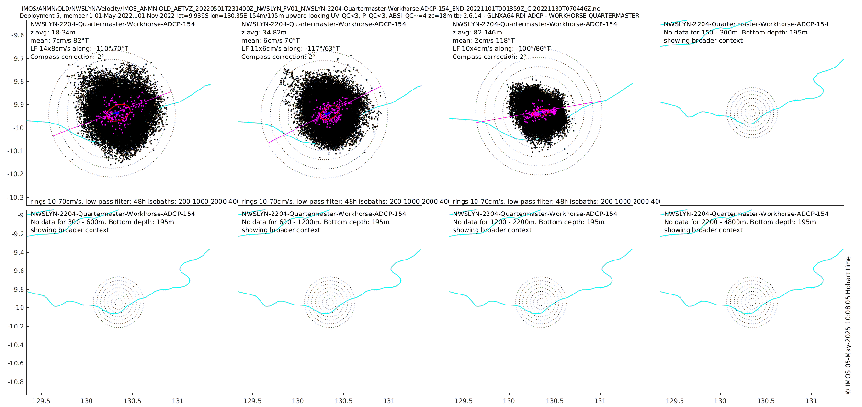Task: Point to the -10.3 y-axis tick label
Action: [x=15, y=197]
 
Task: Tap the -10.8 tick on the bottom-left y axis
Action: [x=15, y=382]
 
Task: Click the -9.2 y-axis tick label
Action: [x=17, y=234]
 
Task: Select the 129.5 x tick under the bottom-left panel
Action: [x=41, y=401]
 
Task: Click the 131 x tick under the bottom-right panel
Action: [x=811, y=401]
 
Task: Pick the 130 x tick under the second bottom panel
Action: [x=297, y=401]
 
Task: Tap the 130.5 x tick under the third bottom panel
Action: [x=555, y=401]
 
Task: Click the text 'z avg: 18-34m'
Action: [x=53, y=33]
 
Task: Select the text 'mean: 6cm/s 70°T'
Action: [x=271, y=41]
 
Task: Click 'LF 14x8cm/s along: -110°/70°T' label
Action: [x=79, y=49]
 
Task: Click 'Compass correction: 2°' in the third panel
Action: [x=489, y=57]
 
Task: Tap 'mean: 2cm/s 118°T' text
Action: [x=484, y=41]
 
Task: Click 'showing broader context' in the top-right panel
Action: [x=703, y=41]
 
